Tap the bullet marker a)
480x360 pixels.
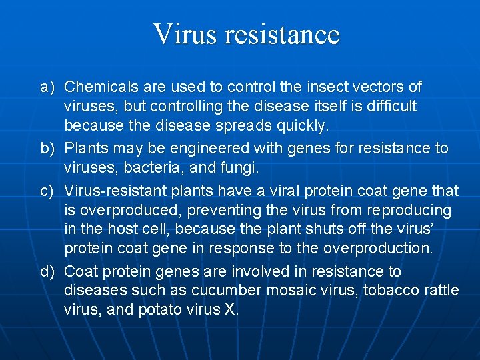click(46, 87)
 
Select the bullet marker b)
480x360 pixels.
click(46, 148)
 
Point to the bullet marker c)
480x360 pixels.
click(46, 191)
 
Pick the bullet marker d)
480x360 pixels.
click(46, 272)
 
